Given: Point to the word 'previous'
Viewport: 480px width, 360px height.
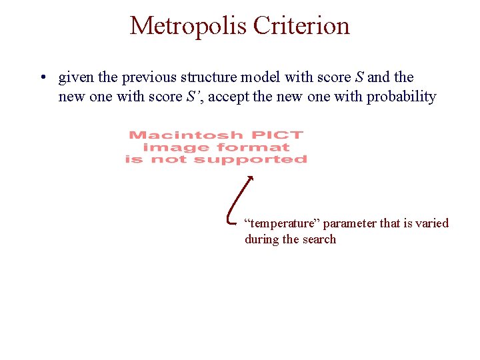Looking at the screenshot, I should [x=145, y=78].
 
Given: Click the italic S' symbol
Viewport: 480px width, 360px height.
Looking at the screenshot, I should [x=193, y=97].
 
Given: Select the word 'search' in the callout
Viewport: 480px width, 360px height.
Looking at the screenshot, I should [x=319, y=239].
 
